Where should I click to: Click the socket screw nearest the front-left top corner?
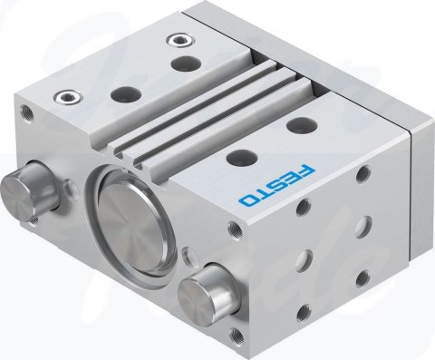point(68,97)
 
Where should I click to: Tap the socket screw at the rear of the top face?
point(181,40)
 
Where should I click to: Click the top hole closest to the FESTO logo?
point(242,158)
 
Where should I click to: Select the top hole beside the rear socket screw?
point(186,63)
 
